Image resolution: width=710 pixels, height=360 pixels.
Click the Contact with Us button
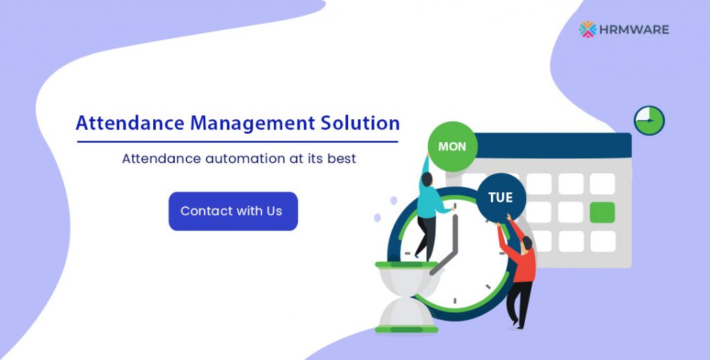click(233, 211)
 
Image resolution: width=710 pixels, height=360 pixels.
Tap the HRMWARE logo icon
click(588, 29)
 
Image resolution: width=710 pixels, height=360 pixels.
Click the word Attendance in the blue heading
click(130, 123)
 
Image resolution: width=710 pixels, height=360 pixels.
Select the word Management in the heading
click(252, 123)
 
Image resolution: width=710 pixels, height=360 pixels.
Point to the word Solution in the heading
click(360, 123)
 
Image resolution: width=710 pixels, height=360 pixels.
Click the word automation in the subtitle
click(245, 158)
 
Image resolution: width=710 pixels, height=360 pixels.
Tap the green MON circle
click(452, 146)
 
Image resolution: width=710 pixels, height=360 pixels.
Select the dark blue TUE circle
click(501, 198)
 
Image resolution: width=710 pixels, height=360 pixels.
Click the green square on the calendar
click(603, 212)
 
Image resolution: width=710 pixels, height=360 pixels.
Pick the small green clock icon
click(649, 121)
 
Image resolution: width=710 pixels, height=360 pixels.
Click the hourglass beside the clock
click(406, 297)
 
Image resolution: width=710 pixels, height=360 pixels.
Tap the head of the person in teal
click(426, 179)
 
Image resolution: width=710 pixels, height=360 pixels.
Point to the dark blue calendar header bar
click(553, 146)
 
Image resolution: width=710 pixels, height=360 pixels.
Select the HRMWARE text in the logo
click(634, 30)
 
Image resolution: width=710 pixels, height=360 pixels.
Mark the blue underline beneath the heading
click(237, 142)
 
